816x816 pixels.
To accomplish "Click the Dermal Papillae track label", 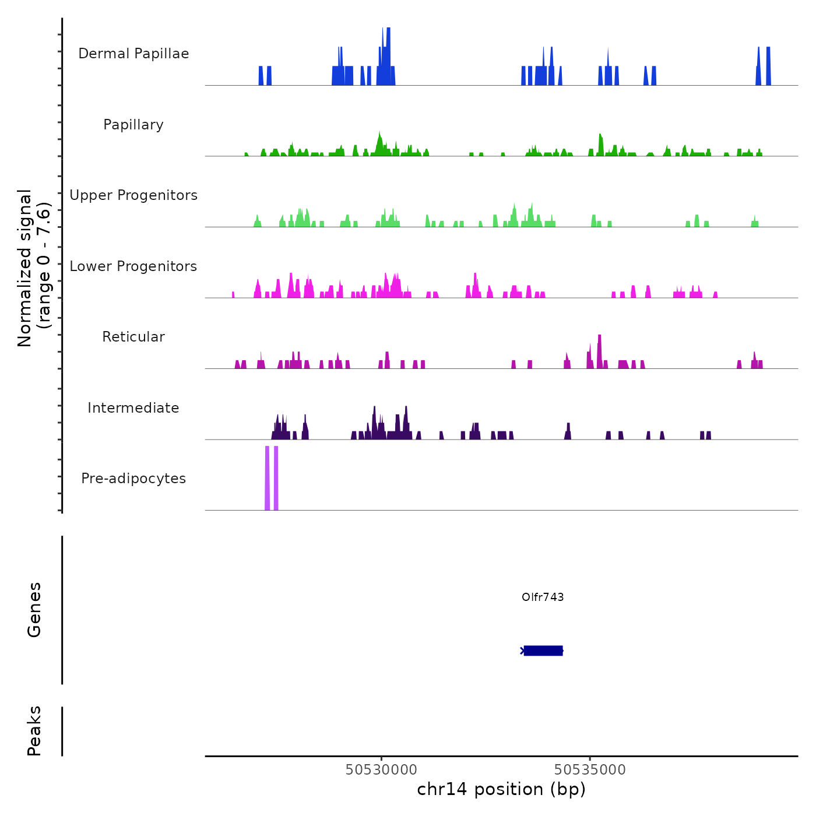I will click(x=133, y=54).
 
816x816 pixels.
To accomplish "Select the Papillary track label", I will click(x=133, y=125).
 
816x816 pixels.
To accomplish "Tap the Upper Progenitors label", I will click(x=133, y=195).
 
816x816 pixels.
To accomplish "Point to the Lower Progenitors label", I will click(x=133, y=266).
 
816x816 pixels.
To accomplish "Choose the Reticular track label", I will click(x=133, y=337).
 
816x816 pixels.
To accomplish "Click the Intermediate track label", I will click(x=133, y=408).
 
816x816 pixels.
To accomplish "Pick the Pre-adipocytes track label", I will click(x=133, y=479).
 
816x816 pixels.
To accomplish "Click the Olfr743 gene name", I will click(x=543, y=597).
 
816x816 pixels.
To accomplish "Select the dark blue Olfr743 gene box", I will click(x=543, y=650).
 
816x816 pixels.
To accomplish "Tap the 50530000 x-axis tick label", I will click(x=381, y=769).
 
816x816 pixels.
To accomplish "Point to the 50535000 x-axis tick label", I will click(x=590, y=769).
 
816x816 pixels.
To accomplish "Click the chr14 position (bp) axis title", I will click(x=501, y=789).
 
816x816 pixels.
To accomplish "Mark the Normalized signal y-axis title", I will click(x=34, y=268).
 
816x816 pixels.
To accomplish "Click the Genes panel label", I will click(x=34, y=610).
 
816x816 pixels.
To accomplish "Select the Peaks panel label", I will click(x=34, y=731).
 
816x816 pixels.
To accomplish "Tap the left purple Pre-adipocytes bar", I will click(x=267, y=478).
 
